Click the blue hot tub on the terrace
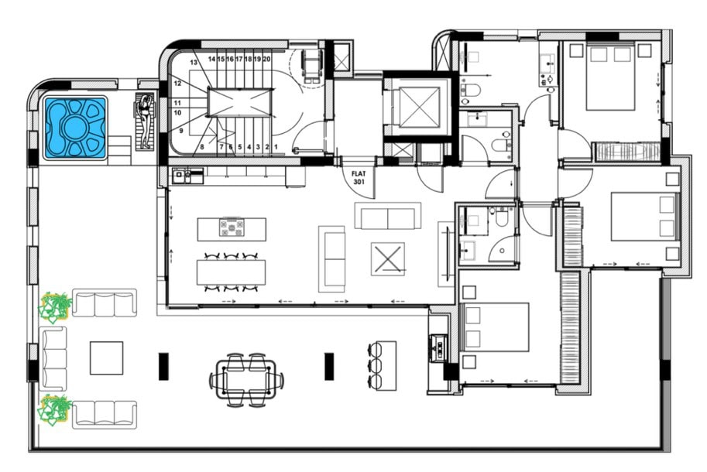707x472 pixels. [75, 128]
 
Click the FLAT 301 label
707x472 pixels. [359, 177]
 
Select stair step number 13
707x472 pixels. [194, 62]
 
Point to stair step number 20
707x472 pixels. [266, 59]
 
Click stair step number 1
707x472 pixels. [276, 147]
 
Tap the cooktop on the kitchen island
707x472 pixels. [232, 227]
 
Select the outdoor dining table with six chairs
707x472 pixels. [247, 381]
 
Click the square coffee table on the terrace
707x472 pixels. [106, 358]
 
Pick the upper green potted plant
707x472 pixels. [54, 306]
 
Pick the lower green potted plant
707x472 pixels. [54, 409]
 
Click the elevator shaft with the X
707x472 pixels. [420, 108]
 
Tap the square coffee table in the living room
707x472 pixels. [388, 259]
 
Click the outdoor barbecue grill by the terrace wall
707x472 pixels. [438, 348]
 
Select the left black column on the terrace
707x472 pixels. [163, 367]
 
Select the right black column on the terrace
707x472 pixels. [329, 367]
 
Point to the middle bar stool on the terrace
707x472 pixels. [376, 365]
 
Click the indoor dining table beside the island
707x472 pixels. [231, 272]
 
